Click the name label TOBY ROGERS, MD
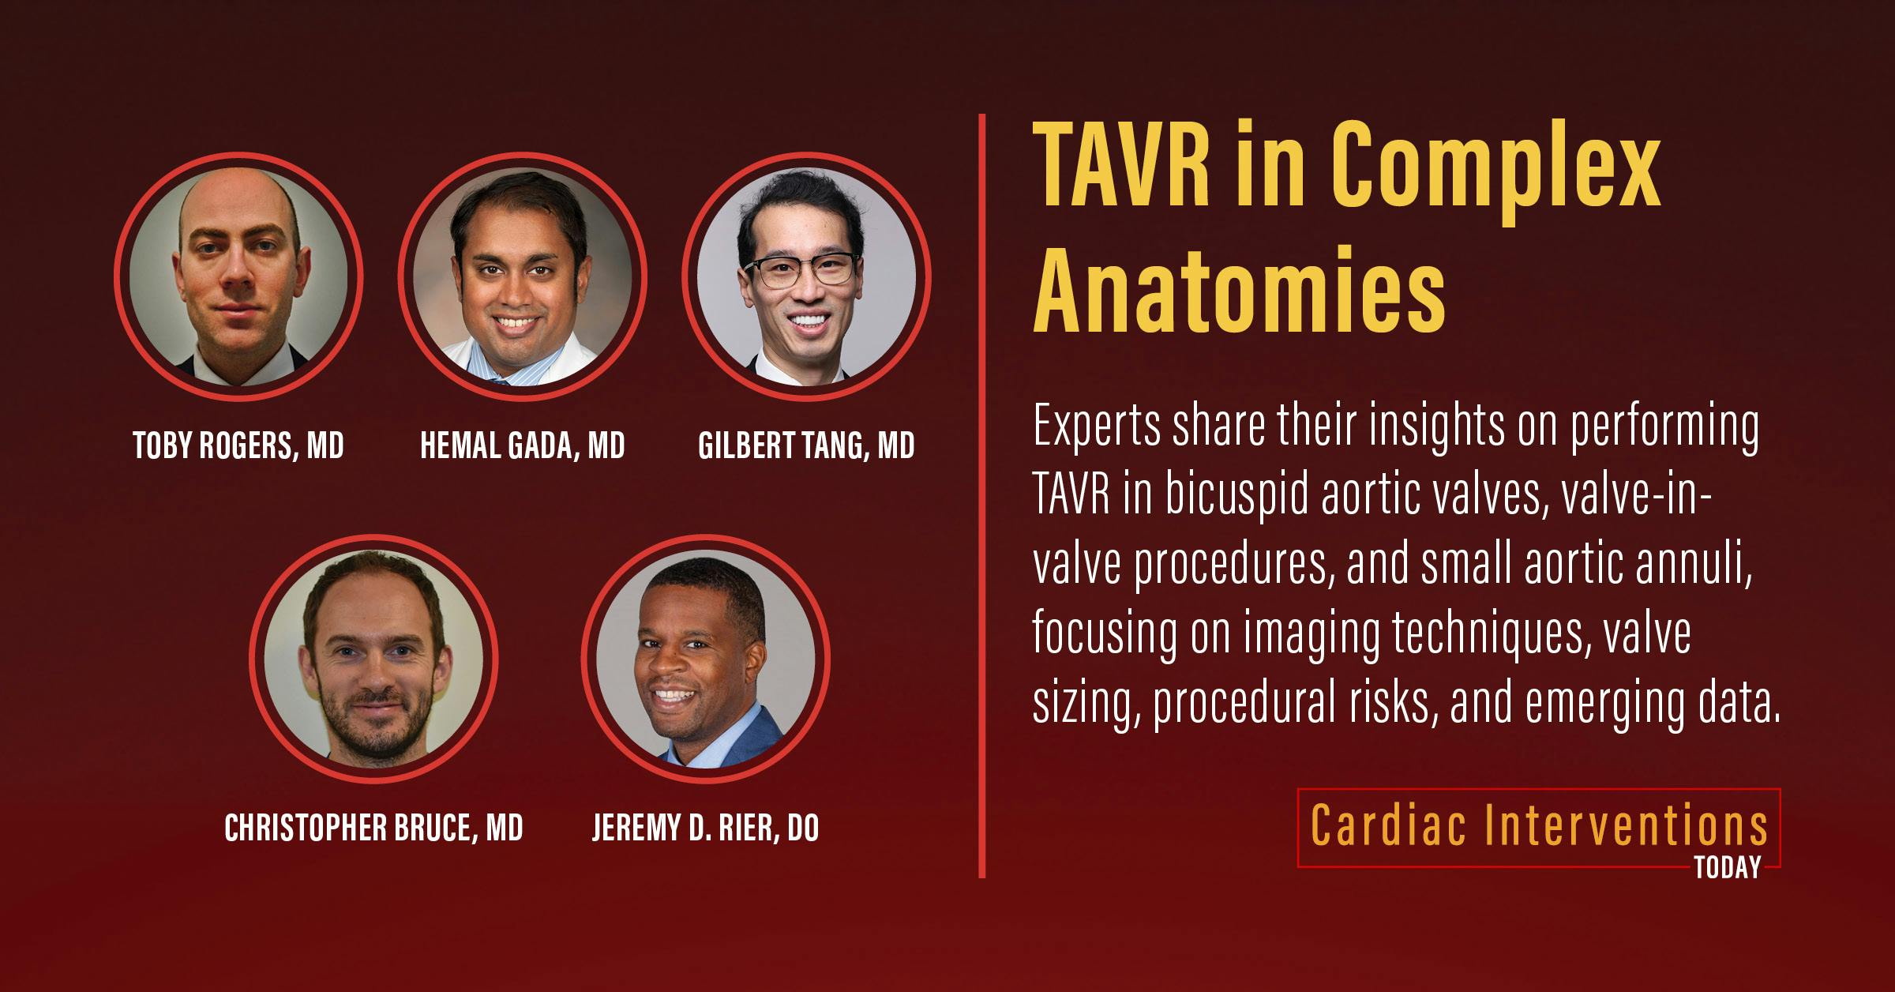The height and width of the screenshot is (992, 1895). [238, 446]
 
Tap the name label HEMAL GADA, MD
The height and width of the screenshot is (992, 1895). [523, 446]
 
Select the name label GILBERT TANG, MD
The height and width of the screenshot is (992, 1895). [806, 446]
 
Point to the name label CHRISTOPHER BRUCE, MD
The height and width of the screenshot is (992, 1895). [373, 829]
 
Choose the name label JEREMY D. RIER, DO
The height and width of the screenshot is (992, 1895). [705, 829]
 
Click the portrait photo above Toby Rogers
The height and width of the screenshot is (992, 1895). [238, 277]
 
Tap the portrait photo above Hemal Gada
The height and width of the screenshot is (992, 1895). [523, 277]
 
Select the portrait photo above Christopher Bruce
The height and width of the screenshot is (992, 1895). [373, 659]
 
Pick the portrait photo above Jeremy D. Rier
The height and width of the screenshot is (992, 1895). [705, 659]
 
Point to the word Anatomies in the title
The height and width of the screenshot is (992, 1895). [1239, 290]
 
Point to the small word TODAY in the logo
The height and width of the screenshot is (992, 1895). [1727, 868]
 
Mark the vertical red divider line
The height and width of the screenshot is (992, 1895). [982, 496]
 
